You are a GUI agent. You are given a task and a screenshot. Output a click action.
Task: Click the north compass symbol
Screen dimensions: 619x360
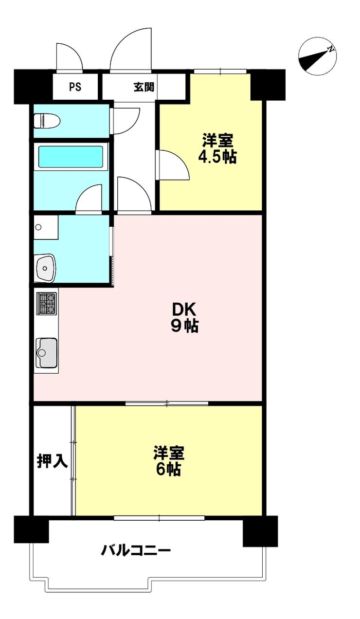pyautogui.click(x=318, y=56)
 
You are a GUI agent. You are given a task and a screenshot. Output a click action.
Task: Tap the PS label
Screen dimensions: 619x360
pyautogui.click(x=75, y=87)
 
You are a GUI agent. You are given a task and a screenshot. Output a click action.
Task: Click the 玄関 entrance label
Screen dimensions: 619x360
pyautogui.click(x=144, y=87)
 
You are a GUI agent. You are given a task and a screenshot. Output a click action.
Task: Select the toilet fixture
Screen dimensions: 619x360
pyautogui.click(x=45, y=120)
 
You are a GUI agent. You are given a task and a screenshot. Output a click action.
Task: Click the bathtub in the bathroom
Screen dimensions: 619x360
pyautogui.click(x=71, y=156)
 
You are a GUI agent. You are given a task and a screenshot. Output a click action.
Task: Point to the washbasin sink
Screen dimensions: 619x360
pyautogui.click(x=46, y=267)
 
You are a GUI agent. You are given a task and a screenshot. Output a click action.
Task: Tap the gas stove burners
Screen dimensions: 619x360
pyautogui.click(x=47, y=303)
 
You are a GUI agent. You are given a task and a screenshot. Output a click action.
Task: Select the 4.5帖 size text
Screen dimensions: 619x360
pyautogui.click(x=217, y=157)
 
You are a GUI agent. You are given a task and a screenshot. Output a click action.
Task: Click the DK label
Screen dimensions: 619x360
pyautogui.click(x=184, y=309)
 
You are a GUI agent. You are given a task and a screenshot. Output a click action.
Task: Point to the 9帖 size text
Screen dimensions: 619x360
pyautogui.click(x=184, y=326)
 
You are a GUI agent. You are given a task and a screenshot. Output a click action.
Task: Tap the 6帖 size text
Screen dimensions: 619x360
pyautogui.click(x=168, y=470)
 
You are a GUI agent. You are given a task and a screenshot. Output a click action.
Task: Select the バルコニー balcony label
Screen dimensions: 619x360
pyautogui.click(x=136, y=551)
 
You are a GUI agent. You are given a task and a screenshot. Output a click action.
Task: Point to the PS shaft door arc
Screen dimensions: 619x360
pyautogui.click(x=69, y=57)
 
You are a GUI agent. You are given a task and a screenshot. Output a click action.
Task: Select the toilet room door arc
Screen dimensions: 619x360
pyautogui.click(x=125, y=119)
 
